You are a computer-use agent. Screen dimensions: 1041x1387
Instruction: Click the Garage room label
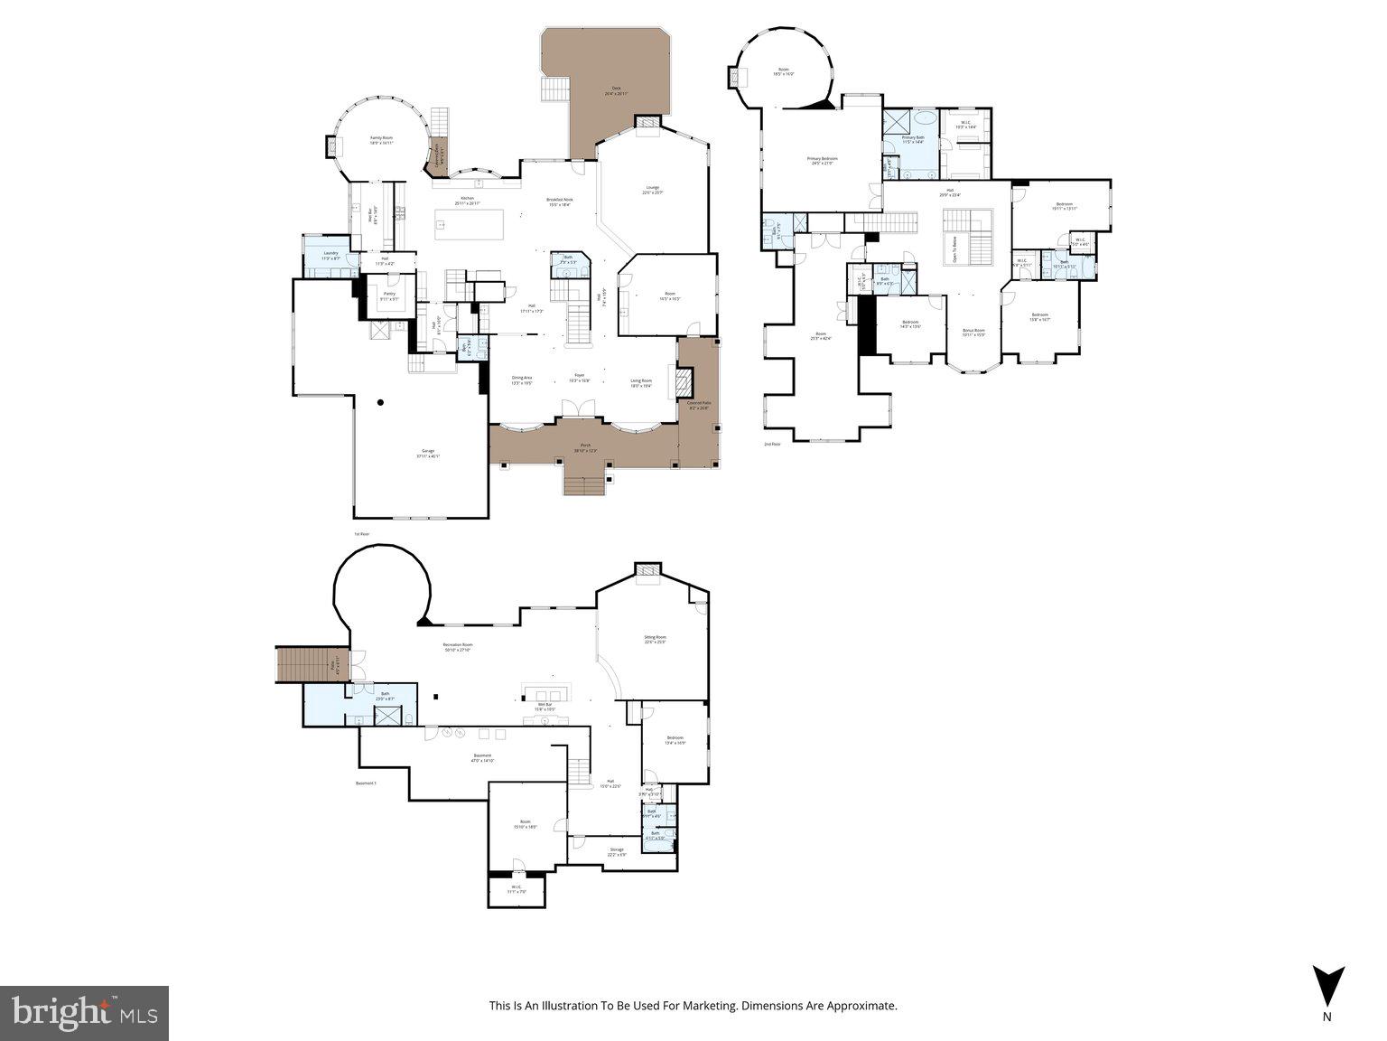(427, 453)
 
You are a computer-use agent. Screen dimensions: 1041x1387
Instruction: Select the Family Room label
(381, 140)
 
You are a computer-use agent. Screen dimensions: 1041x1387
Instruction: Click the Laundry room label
(330, 255)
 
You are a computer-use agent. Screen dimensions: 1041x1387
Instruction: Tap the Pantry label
(389, 295)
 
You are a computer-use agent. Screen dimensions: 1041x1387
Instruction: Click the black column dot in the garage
(381, 402)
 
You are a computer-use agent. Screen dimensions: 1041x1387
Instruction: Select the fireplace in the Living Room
(684, 381)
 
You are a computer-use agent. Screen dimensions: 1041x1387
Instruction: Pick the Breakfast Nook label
(560, 202)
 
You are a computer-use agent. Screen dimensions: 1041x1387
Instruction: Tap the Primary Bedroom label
(822, 160)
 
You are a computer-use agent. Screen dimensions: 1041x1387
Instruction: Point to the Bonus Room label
(973, 332)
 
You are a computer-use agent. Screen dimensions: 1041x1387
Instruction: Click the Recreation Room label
(458, 647)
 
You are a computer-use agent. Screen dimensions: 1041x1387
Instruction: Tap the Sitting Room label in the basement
(655, 639)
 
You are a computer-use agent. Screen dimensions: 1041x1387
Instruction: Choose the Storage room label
(617, 851)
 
